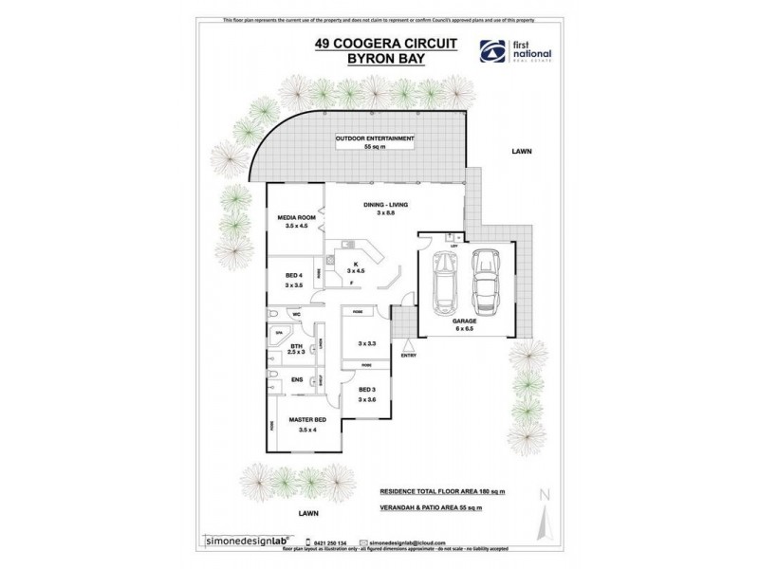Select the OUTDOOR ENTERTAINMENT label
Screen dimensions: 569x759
pos(375,139)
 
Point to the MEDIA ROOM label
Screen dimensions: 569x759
pos(295,217)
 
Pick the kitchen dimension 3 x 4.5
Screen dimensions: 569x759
pos(353,270)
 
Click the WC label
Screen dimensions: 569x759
pos(296,313)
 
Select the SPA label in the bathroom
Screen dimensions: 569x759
pos(279,334)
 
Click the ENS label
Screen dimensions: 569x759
pos(296,382)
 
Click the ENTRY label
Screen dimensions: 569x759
pos(408,356)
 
